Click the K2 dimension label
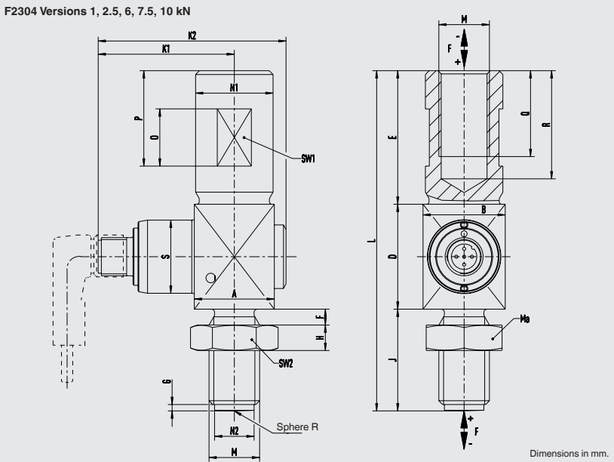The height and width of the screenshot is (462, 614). (x=192, y=35)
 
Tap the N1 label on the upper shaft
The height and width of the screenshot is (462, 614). (x=234, y=88)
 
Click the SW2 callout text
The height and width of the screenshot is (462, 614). (x=285, y=363)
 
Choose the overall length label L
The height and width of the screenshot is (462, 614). (x=369, y=242)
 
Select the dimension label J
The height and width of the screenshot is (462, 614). (x=391, y=360)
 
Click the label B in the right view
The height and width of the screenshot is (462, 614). (x=483, y=209)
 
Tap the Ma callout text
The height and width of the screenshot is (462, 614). (x=525, y=319)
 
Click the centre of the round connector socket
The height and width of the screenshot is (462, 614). (x=462, y=257)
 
